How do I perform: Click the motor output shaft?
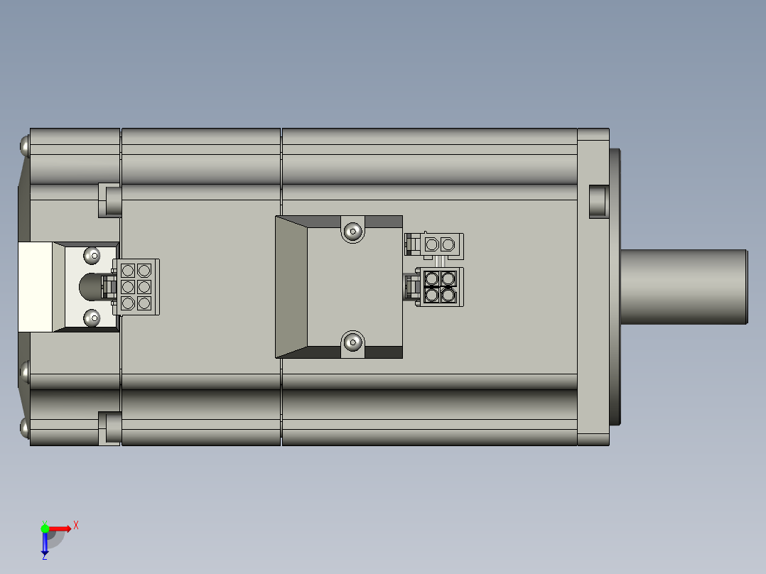click(x=684, y=287)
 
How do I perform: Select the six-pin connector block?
click(x=136, y=287)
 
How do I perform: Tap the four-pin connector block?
click(x=440, y=287)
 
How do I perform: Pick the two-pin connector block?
click(x=440, y=244)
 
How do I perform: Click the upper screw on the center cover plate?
click(x=352, y=231)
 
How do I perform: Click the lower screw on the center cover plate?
click(x=352, y=342)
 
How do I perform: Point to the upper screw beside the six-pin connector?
click(x=92, y=256)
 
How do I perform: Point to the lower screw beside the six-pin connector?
click(x=92, y=318)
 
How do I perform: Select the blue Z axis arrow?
click(x=45, y=543)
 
